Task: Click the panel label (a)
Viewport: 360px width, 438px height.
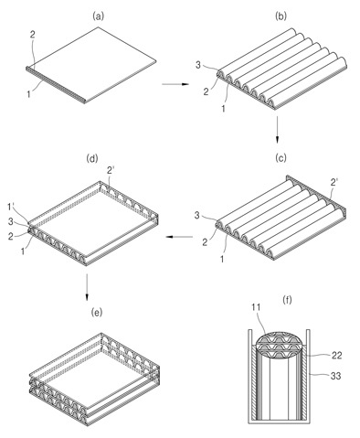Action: (98, 16)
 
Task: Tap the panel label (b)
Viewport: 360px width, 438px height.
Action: (281, 16)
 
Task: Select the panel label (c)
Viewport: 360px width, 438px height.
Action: (281, 157)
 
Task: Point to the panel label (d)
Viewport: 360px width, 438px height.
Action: (92, 158)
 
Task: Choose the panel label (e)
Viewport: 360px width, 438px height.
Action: (97, 312)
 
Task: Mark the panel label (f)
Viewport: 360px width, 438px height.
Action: (287, 300)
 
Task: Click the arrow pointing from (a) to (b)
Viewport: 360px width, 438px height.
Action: (175, 84)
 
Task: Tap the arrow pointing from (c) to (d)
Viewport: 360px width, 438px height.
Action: (179, 237)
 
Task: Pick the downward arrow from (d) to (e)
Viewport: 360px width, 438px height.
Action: (87, 287)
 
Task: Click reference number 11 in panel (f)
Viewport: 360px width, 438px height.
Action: (256, 307)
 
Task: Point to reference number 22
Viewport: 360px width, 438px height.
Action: (336, 356)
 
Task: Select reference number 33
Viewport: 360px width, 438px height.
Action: (336, 376)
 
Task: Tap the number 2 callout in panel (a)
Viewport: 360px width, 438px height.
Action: (32, 34)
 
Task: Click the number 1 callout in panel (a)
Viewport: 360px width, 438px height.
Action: (28, 94)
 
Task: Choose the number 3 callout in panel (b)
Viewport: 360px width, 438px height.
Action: (198, 65)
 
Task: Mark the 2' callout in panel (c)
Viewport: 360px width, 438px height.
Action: (334, 182)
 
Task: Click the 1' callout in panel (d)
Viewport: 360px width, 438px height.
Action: (11, 207)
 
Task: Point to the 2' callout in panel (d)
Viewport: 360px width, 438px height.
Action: (111, 171)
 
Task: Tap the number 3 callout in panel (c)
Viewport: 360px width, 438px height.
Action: (197, 216)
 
